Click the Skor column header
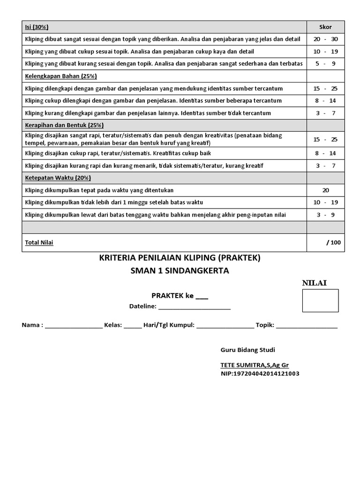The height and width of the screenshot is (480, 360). (325, 27)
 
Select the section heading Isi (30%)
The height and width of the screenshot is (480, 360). (37, 27)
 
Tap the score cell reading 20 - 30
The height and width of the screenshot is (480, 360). (325, 39)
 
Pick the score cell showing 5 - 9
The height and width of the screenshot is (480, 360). (325, 64)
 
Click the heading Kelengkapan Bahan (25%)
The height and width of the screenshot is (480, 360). (60, 76)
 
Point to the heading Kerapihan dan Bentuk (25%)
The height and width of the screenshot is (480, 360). (64, 125)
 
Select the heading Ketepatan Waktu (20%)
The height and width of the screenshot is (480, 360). (58, 178)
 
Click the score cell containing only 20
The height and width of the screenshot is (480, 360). (325, 190)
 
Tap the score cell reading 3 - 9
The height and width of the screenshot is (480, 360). (325, 215)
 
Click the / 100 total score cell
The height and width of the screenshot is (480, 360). (333, 242)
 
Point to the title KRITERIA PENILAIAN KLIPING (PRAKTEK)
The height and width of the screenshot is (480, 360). (180, 258)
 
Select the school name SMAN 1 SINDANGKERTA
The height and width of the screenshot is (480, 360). (180, 271)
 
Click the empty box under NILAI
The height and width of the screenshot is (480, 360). (320, 300)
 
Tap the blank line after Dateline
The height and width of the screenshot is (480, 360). (194, 307)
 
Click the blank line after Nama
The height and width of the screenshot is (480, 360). (74, 325)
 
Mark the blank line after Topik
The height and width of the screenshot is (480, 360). (307, 325)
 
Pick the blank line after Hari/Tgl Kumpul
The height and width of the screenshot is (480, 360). (225, 325)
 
